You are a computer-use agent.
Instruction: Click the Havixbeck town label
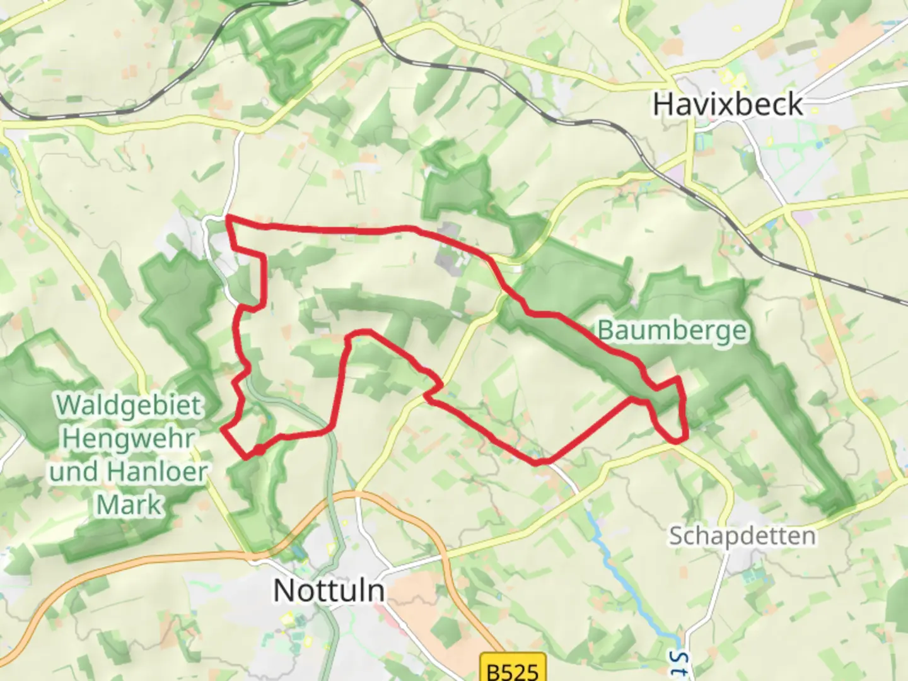728,105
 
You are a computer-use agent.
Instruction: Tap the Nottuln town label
329,591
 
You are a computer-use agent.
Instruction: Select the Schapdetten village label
742,537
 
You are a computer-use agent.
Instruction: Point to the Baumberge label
672,330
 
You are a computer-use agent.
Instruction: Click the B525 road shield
512,669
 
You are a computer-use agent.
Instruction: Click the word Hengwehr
129,438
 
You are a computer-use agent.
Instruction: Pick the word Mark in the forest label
129,504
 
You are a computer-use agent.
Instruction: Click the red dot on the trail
259,450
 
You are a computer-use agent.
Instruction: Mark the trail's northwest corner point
228,218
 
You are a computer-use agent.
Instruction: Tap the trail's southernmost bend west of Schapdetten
540,463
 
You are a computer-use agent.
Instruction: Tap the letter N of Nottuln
283,591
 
